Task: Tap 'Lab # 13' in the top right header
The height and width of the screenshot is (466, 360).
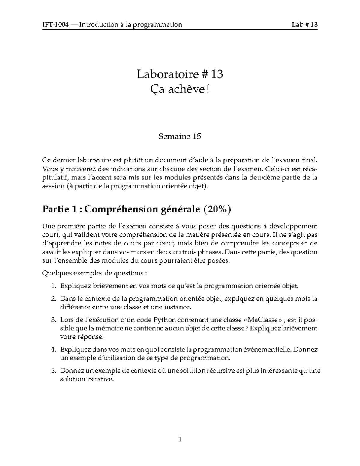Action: point(304,25)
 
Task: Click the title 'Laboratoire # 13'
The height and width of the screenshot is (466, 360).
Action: point(180,74)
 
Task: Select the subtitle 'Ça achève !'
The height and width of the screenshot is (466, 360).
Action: point(180,89)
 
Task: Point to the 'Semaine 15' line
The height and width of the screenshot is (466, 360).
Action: point(180,137)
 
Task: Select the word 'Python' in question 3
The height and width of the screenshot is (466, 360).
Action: point(164,320)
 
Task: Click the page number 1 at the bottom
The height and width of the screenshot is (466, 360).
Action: point(180,440)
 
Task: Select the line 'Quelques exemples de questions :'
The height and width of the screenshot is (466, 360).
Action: point(95,274)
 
